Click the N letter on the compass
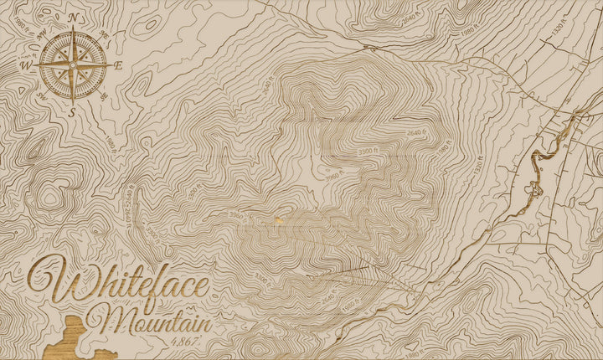(x=73, y=17)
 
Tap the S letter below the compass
(x=73, y=111)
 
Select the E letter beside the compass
(x=119, y=64)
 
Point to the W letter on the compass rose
(x=26, y=64)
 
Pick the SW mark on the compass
(x=41, y=95)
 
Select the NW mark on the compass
(x=41, y=33)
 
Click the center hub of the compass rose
(x=73, y=64)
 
